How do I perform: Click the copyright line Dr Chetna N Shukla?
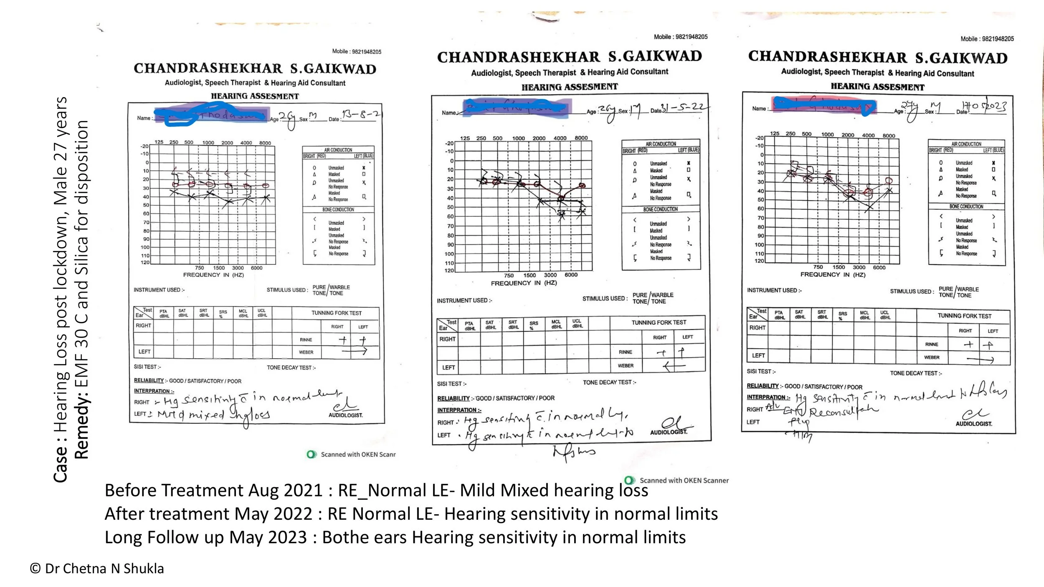(x=97, y=569)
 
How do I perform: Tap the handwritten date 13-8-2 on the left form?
(x=360, y=114)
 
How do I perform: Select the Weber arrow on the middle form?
(x=674, y=366)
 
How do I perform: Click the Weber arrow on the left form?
(x=354, y=352)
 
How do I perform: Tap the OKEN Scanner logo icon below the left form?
(x=311, y=454)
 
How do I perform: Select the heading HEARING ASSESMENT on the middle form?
(x=569, y=87)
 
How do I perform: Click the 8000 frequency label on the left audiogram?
(x=265, y=143)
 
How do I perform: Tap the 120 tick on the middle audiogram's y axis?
(x=449, y=271)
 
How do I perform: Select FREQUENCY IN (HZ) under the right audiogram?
(x=833, y=275)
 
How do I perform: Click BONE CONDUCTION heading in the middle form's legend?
(x=660, y=209)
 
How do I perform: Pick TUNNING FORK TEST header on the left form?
(x=336, y=313)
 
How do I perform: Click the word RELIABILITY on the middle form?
(x=453, y=398)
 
